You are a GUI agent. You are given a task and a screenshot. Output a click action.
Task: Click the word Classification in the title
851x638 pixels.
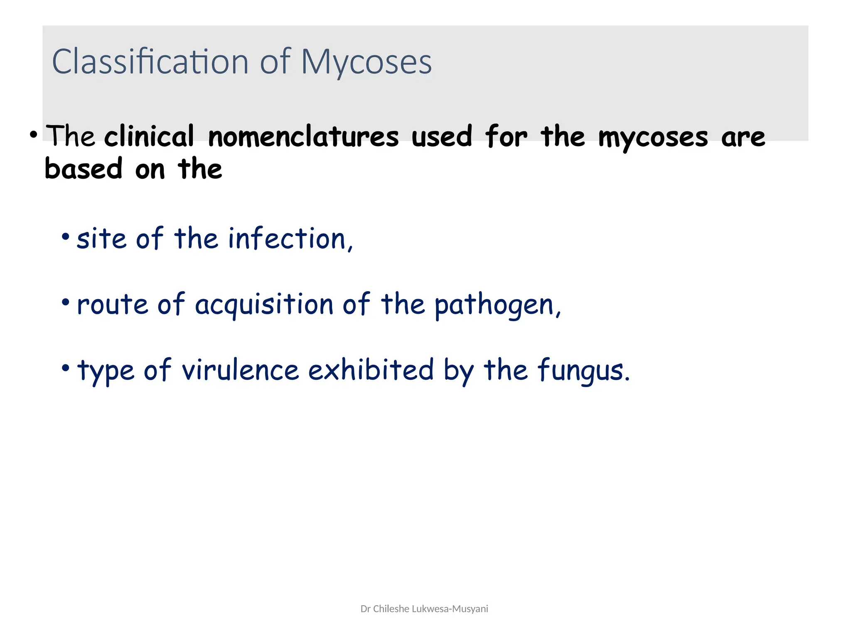pos(150,61)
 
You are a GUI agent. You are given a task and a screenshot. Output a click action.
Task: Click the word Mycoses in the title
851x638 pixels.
pos(366,62)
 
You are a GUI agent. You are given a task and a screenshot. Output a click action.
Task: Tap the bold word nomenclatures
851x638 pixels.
pos(303,137)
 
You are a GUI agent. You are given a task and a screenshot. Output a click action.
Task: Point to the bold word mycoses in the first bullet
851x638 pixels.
pos(653,137)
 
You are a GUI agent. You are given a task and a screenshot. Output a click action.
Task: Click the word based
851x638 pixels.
pos(83,169)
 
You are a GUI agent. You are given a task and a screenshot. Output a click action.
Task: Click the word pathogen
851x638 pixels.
pos(497,305)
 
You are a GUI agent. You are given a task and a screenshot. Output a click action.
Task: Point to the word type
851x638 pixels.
pos(106,371)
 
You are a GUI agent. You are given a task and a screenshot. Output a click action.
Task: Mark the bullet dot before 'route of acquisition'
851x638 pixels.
pos(65,302)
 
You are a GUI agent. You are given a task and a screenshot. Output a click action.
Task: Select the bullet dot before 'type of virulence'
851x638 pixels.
pos(65,368)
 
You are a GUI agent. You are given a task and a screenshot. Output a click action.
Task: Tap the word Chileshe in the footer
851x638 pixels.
pos(391,609)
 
